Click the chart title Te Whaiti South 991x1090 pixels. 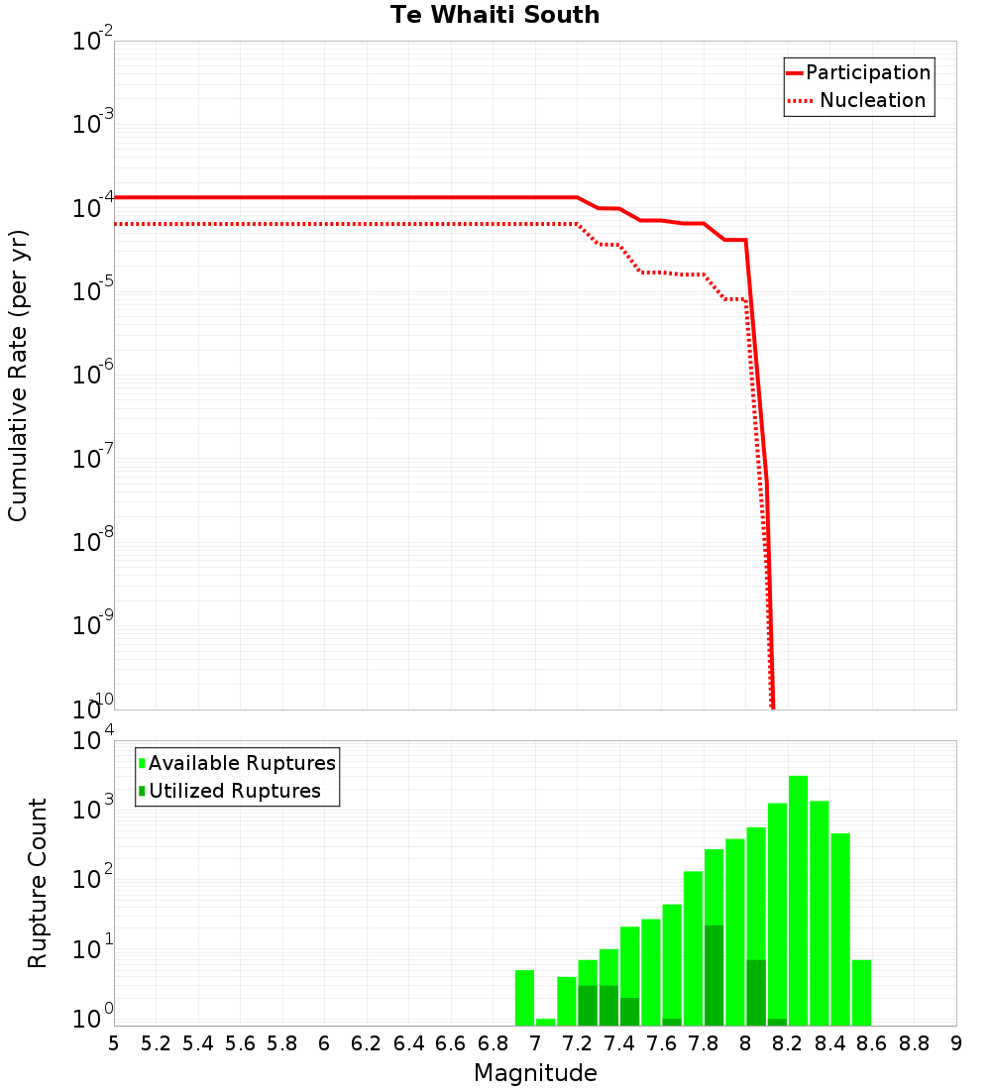pyautogui.click(x=495, y=16)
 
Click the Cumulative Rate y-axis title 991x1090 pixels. pyautogui.click(x=18, y=375)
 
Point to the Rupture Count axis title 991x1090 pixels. pyautogui.click(x=38, y=883)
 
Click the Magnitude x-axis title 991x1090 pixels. pyautogui.click(x=535, y=1073)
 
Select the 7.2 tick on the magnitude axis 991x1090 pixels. pyautogui.click(x=577, y=1043)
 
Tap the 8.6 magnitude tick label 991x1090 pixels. pyautogui.click(x=872, y=1043)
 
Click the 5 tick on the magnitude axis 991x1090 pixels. pyautogui.click(x=114, y=1043)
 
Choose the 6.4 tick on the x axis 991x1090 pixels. pyautogui.click(x=408, y=1043)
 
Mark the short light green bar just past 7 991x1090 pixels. pyautogui.click(x=546, y=1022)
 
